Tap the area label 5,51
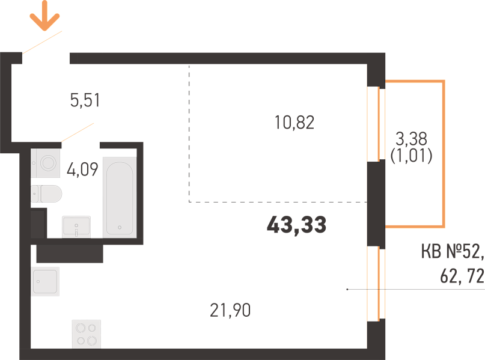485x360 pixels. [85, 100]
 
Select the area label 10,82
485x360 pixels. [294, 122]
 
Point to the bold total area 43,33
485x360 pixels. [296, 225]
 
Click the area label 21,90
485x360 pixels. [230, 310]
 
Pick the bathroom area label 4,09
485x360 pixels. [82, 169]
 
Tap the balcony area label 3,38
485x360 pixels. [412, 139]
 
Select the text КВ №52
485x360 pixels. [452, 251]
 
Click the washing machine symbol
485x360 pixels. [45, 163]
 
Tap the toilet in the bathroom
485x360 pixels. [46, 194]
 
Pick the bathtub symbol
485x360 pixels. [120, 198]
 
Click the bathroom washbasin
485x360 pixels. [76, 227]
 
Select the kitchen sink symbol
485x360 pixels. [45, 281]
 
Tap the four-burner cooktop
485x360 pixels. [87, 334]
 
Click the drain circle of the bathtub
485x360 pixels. [120, 227]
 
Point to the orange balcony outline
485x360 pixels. [444, 154]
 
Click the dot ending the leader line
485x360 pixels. [347, 289]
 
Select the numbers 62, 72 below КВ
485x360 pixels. [462, 276]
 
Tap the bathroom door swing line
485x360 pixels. [78, 132]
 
